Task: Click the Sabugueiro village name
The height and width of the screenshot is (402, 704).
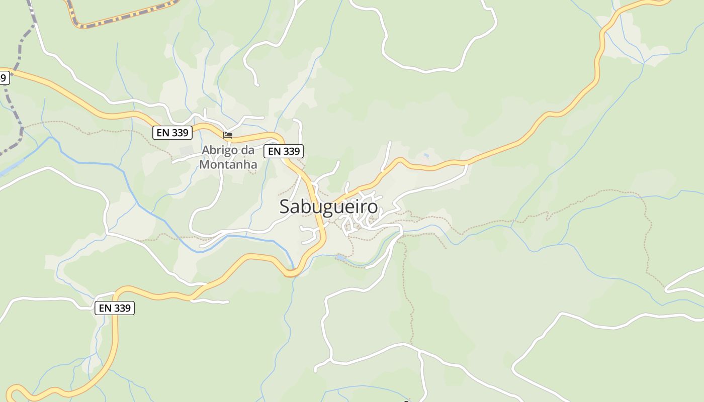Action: pos(328,207)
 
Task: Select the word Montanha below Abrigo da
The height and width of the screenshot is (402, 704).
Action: pos(228,164)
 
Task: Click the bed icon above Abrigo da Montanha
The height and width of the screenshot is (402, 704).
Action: pos(228,135)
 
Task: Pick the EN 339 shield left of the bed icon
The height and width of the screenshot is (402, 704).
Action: pos(172,133)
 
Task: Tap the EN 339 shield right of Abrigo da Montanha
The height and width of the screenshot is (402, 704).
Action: pos(284,151)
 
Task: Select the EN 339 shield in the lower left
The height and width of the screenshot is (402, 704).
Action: pos(115,308)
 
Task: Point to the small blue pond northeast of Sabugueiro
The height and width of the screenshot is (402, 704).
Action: pos(426,156)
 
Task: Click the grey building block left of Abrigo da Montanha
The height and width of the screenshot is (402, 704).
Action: pos(187,151)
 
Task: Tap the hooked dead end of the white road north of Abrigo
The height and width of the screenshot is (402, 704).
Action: pos(256,83)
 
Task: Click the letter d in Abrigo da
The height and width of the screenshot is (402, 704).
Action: pos(244,150)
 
